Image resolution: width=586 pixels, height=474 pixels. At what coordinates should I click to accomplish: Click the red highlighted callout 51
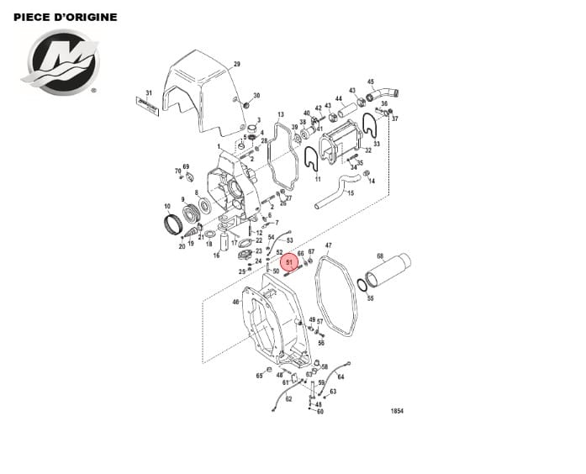289,263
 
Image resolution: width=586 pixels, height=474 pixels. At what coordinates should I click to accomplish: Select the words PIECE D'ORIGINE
66,17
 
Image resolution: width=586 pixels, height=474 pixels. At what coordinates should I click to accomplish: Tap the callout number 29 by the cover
236,65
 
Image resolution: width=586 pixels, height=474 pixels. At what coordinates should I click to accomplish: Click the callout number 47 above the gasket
328,246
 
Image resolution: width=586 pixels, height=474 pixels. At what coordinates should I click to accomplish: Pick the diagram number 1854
397,411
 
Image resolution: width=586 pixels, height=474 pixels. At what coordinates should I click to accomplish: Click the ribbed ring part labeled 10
173,224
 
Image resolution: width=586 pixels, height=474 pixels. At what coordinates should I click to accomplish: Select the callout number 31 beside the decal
149,92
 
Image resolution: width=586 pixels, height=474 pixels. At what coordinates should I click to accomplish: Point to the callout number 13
280,113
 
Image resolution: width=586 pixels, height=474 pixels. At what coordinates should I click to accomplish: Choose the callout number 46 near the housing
235,302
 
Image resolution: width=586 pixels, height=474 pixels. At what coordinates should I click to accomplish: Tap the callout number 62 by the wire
288,399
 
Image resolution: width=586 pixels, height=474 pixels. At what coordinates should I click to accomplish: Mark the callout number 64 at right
341,377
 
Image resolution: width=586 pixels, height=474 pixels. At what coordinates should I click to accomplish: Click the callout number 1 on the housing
218,146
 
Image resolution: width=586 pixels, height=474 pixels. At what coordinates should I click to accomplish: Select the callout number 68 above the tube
380,256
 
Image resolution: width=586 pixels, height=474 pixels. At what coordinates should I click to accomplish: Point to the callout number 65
259,376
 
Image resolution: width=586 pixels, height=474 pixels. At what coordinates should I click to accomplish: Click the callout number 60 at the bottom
320,412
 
